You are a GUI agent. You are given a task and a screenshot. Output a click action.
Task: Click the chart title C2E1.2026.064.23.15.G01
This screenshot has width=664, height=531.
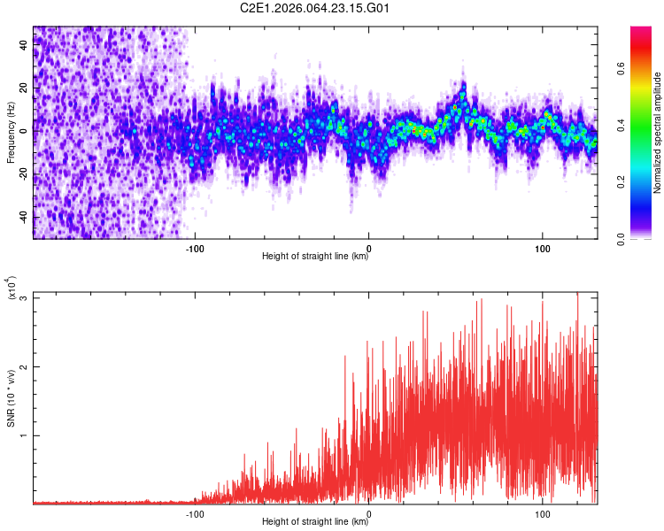(314, 8)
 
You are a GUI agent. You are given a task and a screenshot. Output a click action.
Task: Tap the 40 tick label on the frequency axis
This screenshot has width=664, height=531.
(24, 45)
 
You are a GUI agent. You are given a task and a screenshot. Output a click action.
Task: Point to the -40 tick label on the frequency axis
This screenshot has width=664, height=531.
(24, 218)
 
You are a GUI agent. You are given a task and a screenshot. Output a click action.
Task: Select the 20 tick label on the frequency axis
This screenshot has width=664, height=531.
(24, 88)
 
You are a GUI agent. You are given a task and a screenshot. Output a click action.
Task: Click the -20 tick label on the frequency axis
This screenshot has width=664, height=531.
(24, 174)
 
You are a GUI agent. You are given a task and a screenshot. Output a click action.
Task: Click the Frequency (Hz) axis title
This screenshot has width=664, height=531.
(11, 133)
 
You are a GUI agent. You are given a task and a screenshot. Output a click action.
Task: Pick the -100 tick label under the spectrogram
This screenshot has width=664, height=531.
(195, 249)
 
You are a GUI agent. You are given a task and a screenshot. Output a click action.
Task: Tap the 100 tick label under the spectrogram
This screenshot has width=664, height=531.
(542, 249)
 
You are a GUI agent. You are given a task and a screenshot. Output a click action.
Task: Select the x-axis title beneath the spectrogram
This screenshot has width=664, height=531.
(315, 256)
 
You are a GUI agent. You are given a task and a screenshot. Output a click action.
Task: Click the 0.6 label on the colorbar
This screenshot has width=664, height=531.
(621, 69)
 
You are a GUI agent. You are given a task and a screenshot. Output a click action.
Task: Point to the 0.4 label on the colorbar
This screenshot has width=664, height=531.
(621, 126)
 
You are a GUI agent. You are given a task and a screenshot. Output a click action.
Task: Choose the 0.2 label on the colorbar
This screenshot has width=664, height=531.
(621, 182)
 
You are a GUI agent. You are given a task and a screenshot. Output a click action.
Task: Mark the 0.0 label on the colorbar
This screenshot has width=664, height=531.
(621, 239)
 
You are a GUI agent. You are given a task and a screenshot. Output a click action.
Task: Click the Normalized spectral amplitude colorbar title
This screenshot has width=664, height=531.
(657, 133)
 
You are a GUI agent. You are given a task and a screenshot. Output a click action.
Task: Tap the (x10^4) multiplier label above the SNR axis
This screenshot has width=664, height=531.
(11, 288)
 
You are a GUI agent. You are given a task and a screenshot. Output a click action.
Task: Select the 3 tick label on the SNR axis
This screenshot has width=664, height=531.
(24, 298)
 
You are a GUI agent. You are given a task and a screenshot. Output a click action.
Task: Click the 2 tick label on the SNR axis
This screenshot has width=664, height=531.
(24, 366)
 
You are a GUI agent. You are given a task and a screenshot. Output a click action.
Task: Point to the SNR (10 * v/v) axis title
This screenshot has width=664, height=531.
(11, 398)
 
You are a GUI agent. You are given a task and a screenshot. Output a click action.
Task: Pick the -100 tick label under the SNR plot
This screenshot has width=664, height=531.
(195, 514)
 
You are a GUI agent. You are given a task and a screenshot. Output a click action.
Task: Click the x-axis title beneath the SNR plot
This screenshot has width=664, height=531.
(315, 521)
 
